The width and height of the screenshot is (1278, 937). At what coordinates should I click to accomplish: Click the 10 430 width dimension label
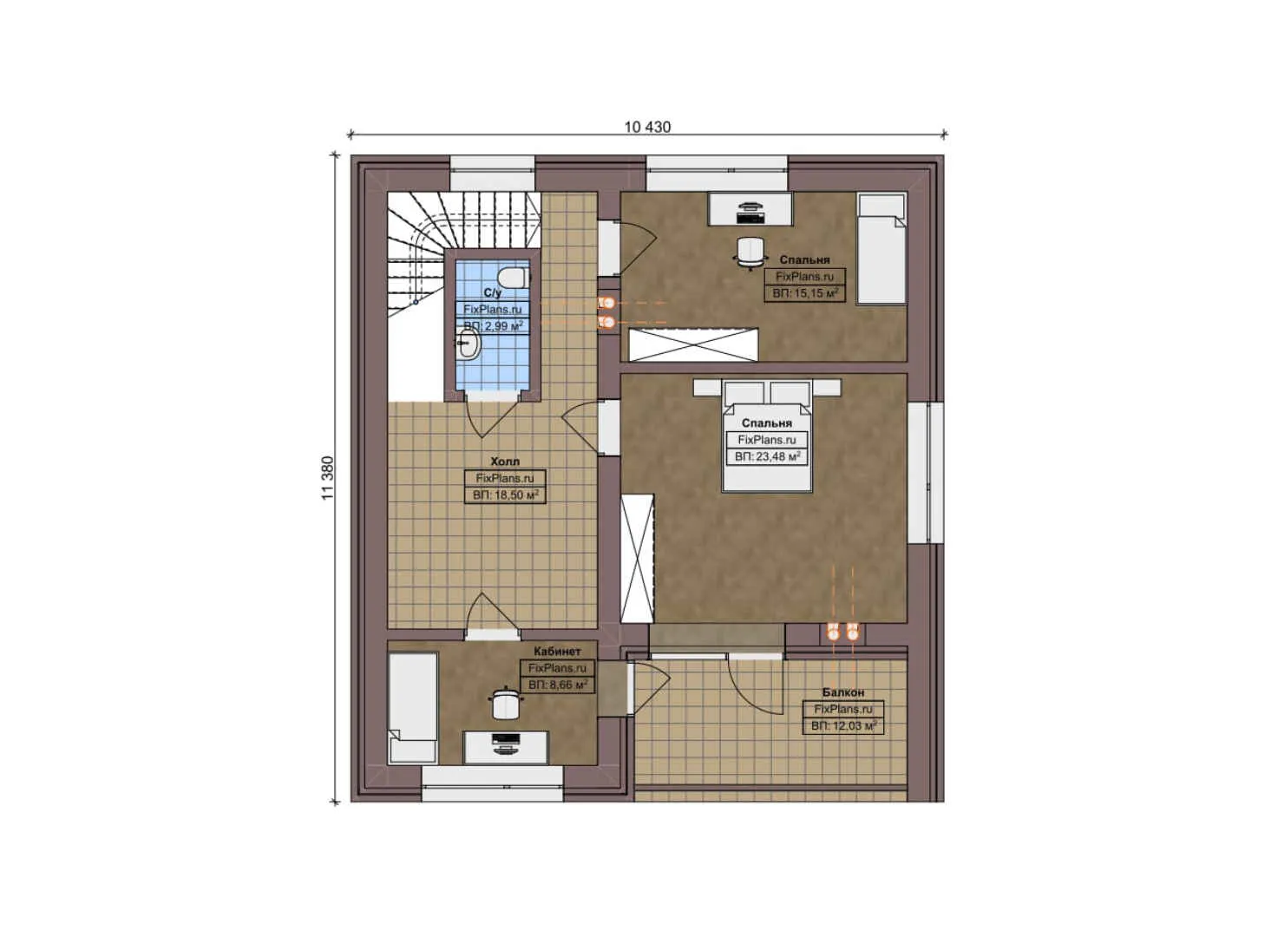(647, 127)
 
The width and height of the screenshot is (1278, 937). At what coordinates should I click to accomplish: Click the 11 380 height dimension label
(327, 478)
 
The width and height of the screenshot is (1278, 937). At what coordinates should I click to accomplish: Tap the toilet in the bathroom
(514, 278)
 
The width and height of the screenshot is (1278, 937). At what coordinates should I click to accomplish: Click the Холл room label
(505, 462)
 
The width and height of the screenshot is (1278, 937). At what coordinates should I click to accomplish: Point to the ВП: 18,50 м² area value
(506, 495)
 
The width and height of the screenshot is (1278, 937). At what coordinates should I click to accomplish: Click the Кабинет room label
(557, 651)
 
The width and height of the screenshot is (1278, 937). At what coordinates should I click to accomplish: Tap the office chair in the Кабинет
(505, 703)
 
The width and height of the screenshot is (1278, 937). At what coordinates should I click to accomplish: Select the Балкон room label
(843, 692)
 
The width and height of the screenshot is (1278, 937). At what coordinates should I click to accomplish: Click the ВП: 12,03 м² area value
(843, 725)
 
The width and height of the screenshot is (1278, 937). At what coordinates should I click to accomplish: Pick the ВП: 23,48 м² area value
(767, 456)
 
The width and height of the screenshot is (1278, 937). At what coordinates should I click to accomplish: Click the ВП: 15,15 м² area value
(805, 293)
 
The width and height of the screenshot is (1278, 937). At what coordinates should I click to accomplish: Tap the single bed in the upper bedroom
(881, 248)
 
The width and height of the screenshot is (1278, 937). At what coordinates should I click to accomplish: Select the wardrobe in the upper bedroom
(694, 344)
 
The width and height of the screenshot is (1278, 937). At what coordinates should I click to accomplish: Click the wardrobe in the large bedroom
(637, 557)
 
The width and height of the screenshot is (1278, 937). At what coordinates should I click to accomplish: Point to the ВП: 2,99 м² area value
(493, 326)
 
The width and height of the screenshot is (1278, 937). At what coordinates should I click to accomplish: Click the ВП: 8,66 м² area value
(558, 685)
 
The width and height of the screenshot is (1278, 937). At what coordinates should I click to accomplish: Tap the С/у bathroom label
(493, 293)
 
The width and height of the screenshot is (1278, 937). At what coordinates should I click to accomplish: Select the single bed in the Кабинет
(412, 709)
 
